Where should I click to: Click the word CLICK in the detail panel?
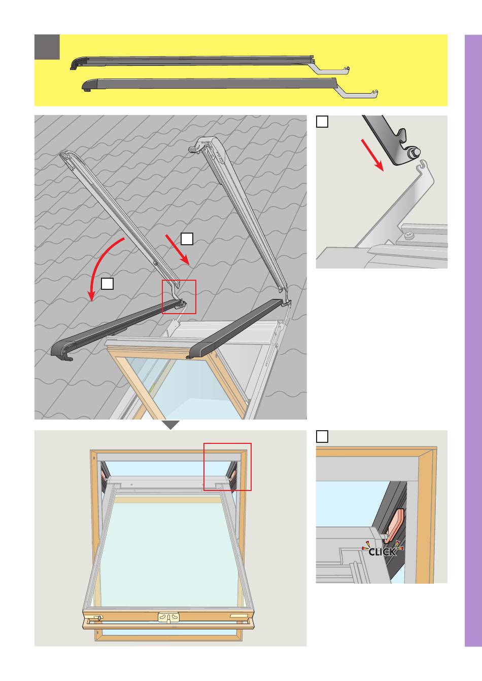(383, 551)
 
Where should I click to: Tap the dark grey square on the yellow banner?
(47, 47)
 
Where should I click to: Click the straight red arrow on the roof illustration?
(177, 249)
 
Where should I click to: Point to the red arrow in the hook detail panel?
(372, 155)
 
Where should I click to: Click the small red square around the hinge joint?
(179, 297)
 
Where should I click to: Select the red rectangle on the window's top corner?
(227, 467)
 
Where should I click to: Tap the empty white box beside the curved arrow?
(107, 284)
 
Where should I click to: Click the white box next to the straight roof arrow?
(187, 239)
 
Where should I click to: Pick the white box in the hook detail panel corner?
(322, 122)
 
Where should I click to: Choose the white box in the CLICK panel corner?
(322, 437)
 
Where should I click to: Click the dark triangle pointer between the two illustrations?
(171, 425)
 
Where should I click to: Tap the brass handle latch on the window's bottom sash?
(168, 618)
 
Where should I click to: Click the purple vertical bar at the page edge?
(473, 341)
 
